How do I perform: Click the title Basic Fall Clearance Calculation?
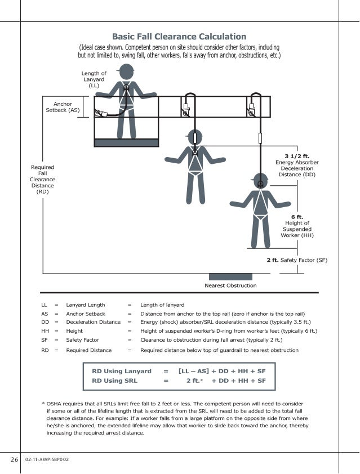pos(179,37)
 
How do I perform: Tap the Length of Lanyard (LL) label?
pos(94,79)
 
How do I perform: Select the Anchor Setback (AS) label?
pos(63,107)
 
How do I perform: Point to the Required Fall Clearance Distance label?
pos(42,180)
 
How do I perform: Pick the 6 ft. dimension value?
pos(297,217)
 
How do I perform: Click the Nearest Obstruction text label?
pos(230,285)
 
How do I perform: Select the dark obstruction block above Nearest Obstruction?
pos(230,276)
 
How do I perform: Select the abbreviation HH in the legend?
pos(45,331)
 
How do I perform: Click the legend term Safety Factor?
pos(82,340)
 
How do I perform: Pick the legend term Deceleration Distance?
pos(93,322)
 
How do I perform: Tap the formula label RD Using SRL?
pos(114,381)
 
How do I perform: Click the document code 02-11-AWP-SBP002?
pos(47,459)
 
